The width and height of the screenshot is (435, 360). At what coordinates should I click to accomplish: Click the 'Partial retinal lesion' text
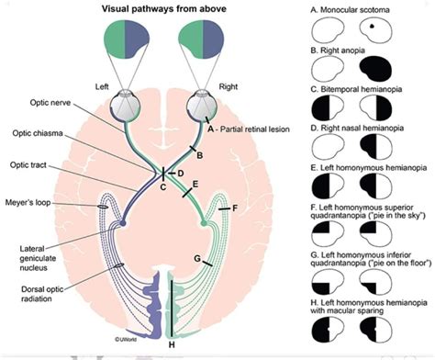point(262,129)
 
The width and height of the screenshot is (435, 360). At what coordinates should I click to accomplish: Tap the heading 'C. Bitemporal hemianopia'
point(360,92)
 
